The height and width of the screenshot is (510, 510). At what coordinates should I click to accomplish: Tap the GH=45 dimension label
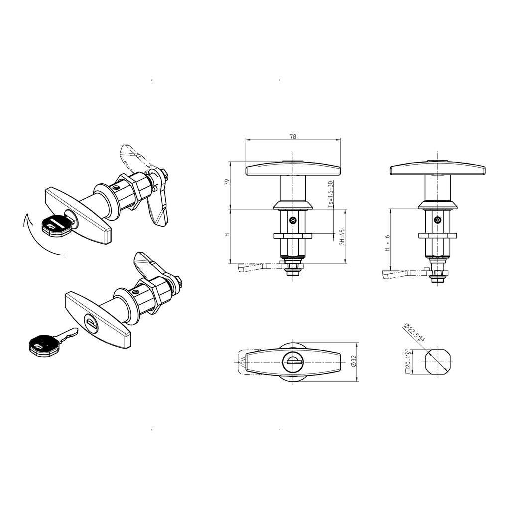tap(342, 237)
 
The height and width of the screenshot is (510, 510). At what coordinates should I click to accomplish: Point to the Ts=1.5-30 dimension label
tap(331, 194)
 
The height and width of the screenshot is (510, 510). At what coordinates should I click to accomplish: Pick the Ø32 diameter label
tap(353, 362)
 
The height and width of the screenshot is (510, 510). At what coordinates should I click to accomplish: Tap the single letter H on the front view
tap(226, 235)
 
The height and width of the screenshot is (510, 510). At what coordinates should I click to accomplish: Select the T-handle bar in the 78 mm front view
tap(292, 169)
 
